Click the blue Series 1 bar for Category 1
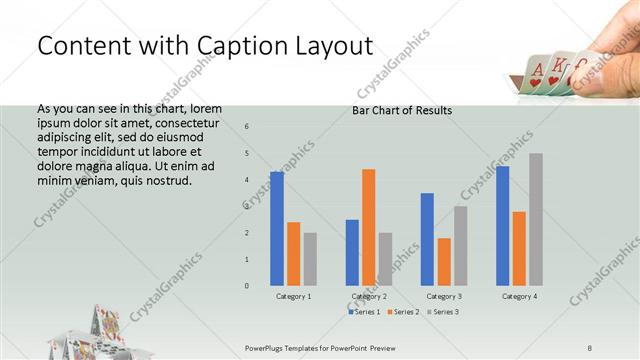(x=277, y=228)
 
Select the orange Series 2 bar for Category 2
(x=369, y=227)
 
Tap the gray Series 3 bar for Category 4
(x=536, y=219)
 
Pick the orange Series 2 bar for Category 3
(x=444, y=261)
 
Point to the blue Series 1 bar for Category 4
(x=502, y=225)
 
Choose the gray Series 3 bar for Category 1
(x=310, y=259)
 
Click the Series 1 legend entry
(x=364, y=312)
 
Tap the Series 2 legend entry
(x=403, y=312)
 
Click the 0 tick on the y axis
(x=247, y=286)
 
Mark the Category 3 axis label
(x=443, y=297)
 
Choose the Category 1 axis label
(x=293, y=297)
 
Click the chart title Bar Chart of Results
(x=402, y=110)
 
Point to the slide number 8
(x=590, y=346)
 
